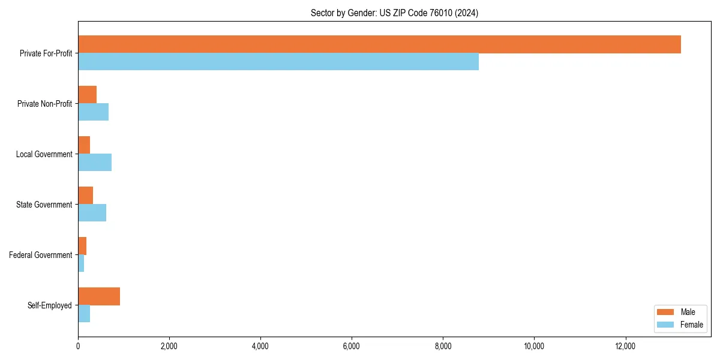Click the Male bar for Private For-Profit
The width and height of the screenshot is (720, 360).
[x=379, y=44]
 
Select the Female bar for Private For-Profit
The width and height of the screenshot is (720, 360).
[x=278, y=62]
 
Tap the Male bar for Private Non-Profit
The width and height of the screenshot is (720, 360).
[x=87, y=95]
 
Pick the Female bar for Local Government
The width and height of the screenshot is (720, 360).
[x=95, y=163]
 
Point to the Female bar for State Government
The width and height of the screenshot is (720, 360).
[x=92, y=213]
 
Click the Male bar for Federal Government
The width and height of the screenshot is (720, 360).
[x=82, y=246]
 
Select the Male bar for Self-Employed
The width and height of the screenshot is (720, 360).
[x=99, y=296]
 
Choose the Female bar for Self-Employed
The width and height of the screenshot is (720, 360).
[x=84, y=314]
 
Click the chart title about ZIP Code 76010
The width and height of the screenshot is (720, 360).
[x=394, y=13]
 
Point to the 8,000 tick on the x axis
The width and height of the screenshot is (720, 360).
[x=443, y=346]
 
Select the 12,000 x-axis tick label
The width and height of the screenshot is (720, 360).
[x=625, y=346]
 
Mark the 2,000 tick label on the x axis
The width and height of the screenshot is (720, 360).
[x=169, y=346]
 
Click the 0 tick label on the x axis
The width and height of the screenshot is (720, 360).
[x=78, y=346]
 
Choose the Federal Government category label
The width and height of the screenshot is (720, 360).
[x=41, y=255]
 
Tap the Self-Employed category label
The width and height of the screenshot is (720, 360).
[x=50, y=305]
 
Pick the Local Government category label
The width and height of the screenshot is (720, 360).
[x=44, y=154]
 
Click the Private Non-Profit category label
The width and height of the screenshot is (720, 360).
[x=44, y=104]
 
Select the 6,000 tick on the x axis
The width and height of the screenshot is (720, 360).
[x=352, y=346]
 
